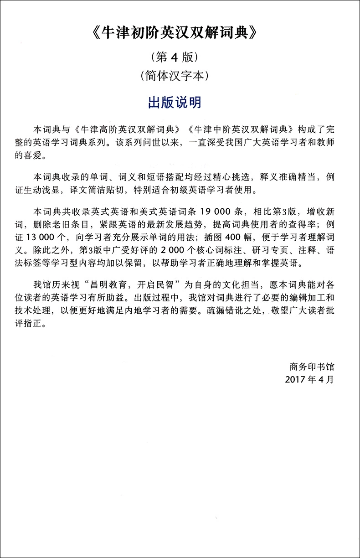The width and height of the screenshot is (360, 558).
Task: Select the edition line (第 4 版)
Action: [180, 58]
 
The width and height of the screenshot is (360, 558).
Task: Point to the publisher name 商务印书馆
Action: [312, 366]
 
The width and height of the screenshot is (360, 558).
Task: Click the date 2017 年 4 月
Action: [309, 379]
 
